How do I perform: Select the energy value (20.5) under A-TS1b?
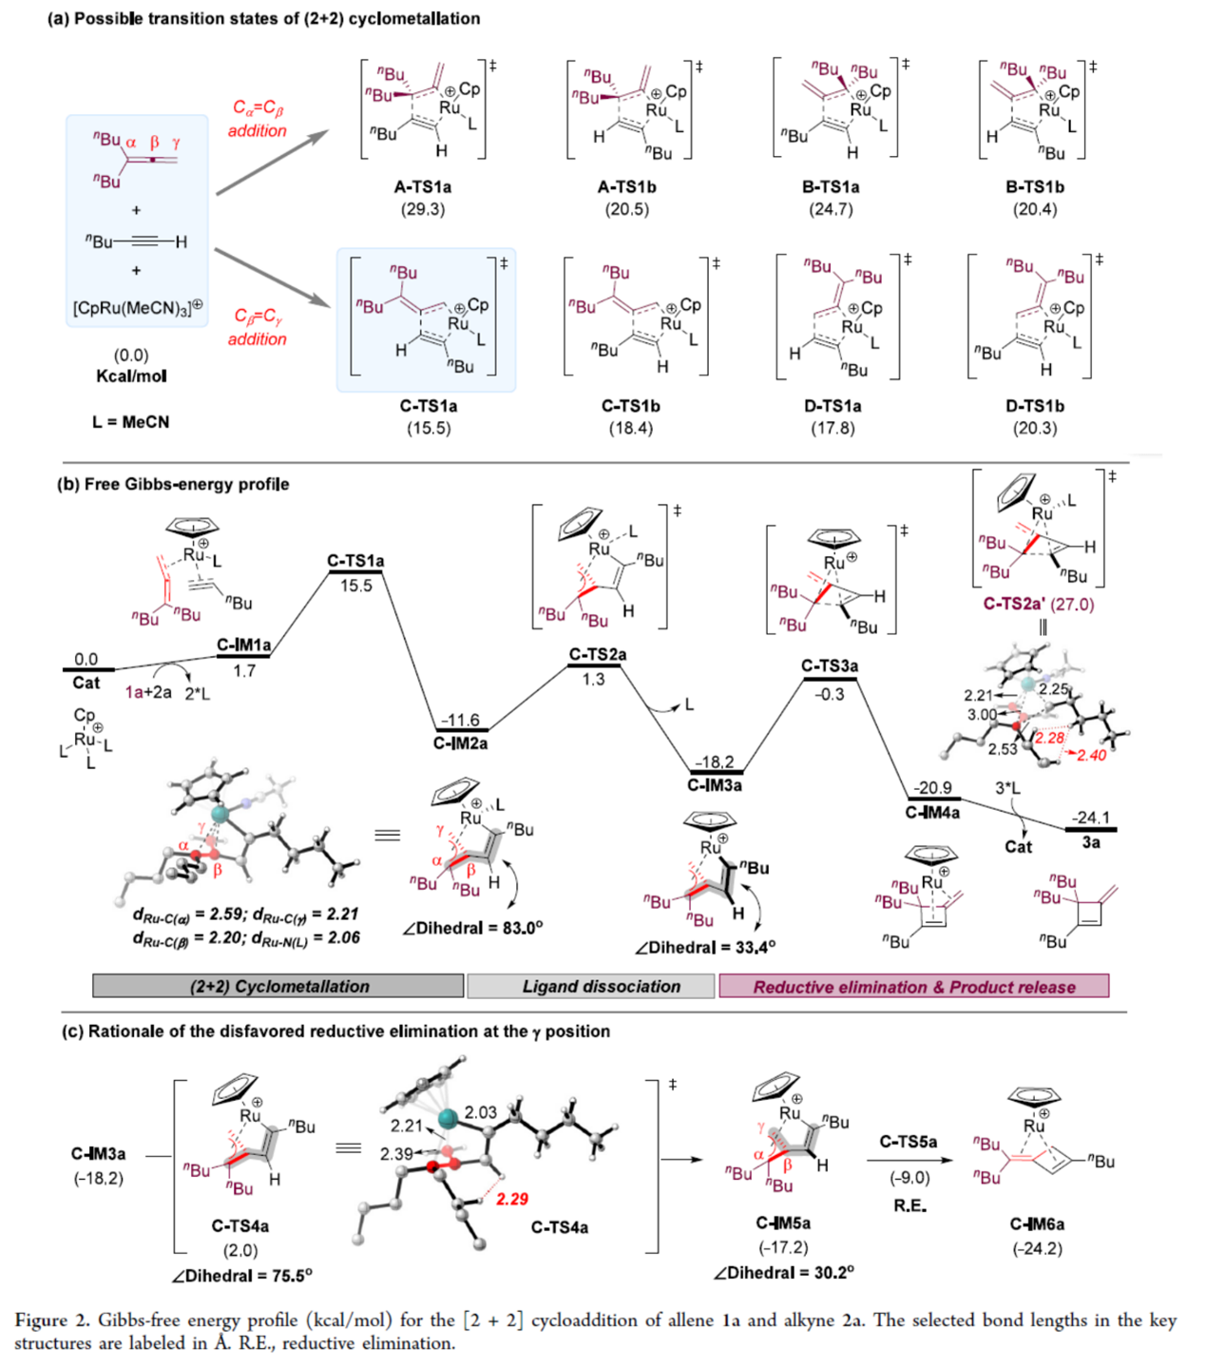(x=626, y=209)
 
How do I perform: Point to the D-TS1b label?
(x=1035, y=406)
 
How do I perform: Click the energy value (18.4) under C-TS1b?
(x=630, y=429)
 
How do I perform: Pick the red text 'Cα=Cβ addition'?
(x=258, y=119)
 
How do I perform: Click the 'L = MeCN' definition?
(x=130, y=421)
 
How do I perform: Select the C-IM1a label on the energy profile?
(x=243, y=645)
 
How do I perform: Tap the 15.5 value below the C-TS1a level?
(x=355, y=586)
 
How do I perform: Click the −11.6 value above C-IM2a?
(x=460, y=721)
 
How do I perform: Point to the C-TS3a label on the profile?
(x=830, y=665)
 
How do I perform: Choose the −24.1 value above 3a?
(x=1090, y=818)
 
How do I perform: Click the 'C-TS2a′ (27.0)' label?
(x=1038, y=604)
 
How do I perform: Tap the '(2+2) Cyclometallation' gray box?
(x=278, y=986)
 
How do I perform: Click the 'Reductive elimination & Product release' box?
(x=913, y=987)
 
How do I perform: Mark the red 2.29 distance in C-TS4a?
(x=512, y=1199)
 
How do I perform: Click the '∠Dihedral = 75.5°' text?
(x=241, y=1276)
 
